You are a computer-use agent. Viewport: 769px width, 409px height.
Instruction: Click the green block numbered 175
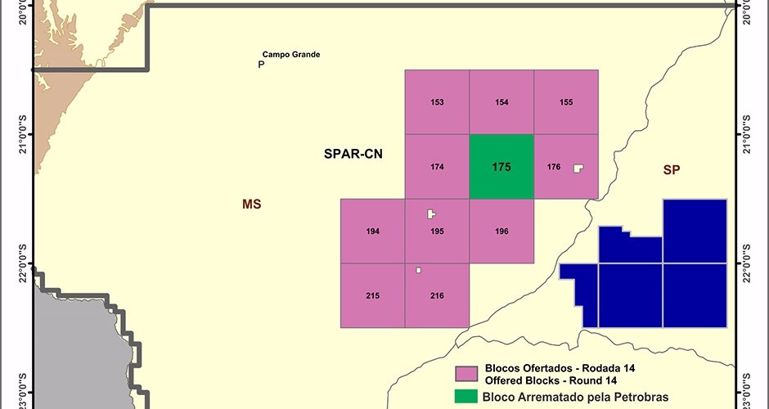501,167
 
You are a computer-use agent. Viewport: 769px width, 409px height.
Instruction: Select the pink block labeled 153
437,102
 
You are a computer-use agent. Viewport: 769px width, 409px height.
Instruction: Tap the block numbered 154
501,102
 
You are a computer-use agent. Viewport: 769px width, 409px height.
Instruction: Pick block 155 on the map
566,102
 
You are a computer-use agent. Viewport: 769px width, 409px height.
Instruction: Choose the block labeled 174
437,167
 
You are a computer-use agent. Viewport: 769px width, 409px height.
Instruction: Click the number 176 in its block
554,167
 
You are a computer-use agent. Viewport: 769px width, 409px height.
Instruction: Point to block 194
373,231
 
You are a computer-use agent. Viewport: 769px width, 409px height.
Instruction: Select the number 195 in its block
437,231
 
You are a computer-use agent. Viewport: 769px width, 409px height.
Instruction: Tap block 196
501,231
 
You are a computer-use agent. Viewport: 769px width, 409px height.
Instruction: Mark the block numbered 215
373,295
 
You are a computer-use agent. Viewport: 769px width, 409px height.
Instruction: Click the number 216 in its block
437,295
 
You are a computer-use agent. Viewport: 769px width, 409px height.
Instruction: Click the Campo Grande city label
290,55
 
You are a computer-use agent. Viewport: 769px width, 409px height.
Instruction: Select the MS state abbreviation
251,204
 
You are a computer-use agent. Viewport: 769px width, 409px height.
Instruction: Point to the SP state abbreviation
672,169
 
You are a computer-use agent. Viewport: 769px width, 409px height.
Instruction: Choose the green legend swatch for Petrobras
467,398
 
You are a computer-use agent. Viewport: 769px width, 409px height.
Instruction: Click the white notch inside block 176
578,168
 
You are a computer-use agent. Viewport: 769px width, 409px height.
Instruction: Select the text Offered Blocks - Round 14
550,381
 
